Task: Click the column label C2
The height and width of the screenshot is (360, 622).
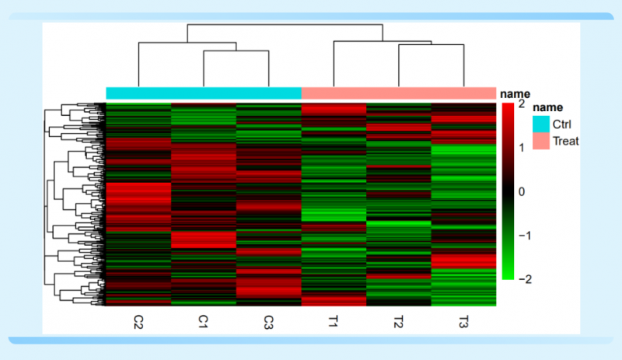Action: point(138,321)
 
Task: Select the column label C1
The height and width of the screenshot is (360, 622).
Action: point(203,321)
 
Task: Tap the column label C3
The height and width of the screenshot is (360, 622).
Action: point(268,321)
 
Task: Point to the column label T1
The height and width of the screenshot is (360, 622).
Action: point(334,321)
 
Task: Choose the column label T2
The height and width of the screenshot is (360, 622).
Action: point(398,321)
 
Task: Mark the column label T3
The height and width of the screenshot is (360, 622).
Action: point(463,321)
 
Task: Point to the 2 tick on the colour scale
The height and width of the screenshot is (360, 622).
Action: point(521,103)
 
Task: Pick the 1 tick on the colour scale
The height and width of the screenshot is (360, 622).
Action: point(521,147)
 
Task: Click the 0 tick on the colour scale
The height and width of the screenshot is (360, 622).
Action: point(521,190)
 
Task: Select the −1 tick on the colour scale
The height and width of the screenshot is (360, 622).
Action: point(520,235)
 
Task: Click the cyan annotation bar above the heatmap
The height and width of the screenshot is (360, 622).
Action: point(204,93)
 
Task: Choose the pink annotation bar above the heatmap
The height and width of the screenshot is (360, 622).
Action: point(398,93)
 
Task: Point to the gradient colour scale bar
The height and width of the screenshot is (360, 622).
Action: point(507,190)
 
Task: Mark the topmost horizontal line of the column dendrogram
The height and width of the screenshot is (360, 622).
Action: point(285,25)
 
